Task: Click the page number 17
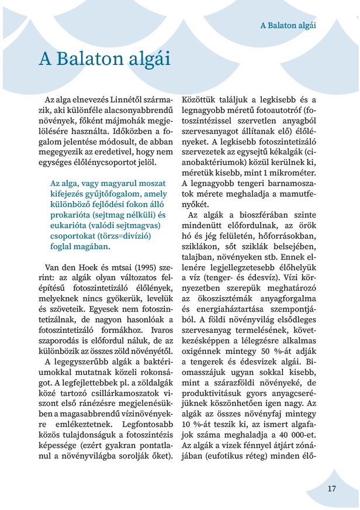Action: point(331,488)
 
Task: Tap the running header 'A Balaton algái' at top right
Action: point(288,25)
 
